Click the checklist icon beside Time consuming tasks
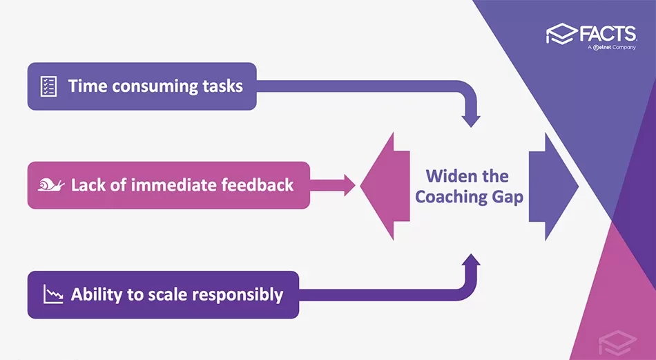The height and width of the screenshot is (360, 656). coord(49,86)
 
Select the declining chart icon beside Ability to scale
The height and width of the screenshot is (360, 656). coord(52,294)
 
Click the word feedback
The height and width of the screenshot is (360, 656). coord(260,184)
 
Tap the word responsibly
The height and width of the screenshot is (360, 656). coord(238,294)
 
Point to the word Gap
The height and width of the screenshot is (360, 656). coord(507,197)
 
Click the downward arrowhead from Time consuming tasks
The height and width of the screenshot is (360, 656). coord(471,119)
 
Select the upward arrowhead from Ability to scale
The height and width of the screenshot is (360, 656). coord(471,260)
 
